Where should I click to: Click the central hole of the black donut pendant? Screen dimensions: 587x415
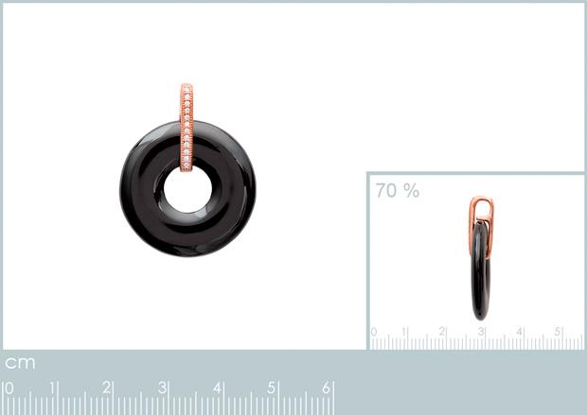(187, 190)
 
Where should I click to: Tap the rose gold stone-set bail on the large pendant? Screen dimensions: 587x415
(187, 127)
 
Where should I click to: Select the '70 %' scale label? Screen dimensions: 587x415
(398, 190)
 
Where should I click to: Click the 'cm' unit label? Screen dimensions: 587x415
(20, 363)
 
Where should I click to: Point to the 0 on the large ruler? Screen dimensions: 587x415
(9, 389)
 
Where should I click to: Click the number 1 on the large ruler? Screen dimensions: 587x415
(53, 389)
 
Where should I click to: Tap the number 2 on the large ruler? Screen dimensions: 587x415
(107, 388)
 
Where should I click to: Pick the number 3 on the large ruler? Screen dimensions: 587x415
(162, 388)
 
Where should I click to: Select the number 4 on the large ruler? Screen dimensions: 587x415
(217, 388)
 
